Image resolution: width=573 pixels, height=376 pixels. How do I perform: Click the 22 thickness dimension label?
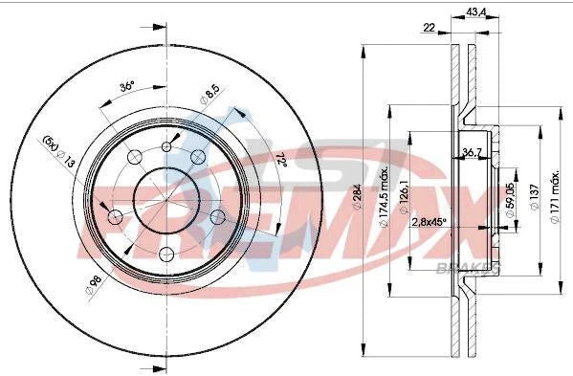pyautogui.click(x=429, y=28)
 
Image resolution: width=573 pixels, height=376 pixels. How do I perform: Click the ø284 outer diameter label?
pyautogui.click(x=356, y=204)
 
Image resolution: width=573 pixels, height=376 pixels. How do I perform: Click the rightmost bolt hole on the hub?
pyautogui.click(x=219, y=217)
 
